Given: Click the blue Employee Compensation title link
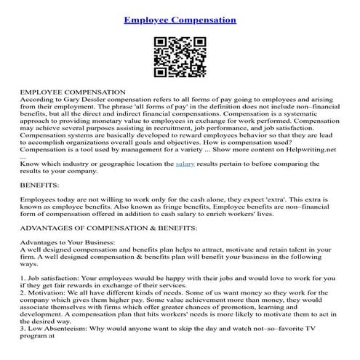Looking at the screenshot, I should tap(180, 20).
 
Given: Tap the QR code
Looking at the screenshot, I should tap(179, 58).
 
